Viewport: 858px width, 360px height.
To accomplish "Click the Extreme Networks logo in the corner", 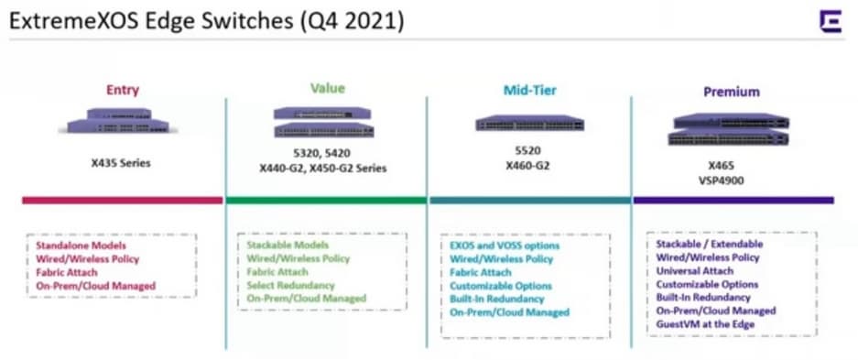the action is (x=831, y=21).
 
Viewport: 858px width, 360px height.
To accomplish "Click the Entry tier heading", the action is (x=123, y=90).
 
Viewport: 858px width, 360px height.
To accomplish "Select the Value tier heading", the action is (x=328, y=88).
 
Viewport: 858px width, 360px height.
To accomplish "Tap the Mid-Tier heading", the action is (x=529, y=90).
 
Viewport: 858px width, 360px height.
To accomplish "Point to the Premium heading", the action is (x=732, y=92).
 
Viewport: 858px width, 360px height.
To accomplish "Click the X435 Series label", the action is (x=121, y=163).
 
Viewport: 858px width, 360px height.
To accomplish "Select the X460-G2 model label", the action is (x=528, y=164).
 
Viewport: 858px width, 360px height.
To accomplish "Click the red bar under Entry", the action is (x=122, y=201).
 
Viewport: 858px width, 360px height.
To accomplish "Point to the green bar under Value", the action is (x=327, y=201).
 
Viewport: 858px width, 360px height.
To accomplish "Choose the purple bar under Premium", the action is (x=733, y=201).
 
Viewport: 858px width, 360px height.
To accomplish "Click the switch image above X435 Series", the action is (x=118, y=121).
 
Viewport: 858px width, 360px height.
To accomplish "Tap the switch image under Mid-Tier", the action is (x=529, y=123).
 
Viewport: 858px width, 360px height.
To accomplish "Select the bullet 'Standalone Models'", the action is (x=81, y=245).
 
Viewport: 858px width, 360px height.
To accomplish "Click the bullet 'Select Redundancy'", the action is (x=290, y=286).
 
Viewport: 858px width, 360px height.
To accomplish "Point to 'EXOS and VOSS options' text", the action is (x=505, y=245).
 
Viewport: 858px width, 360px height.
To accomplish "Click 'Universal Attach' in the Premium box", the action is (x=695, y=271).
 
